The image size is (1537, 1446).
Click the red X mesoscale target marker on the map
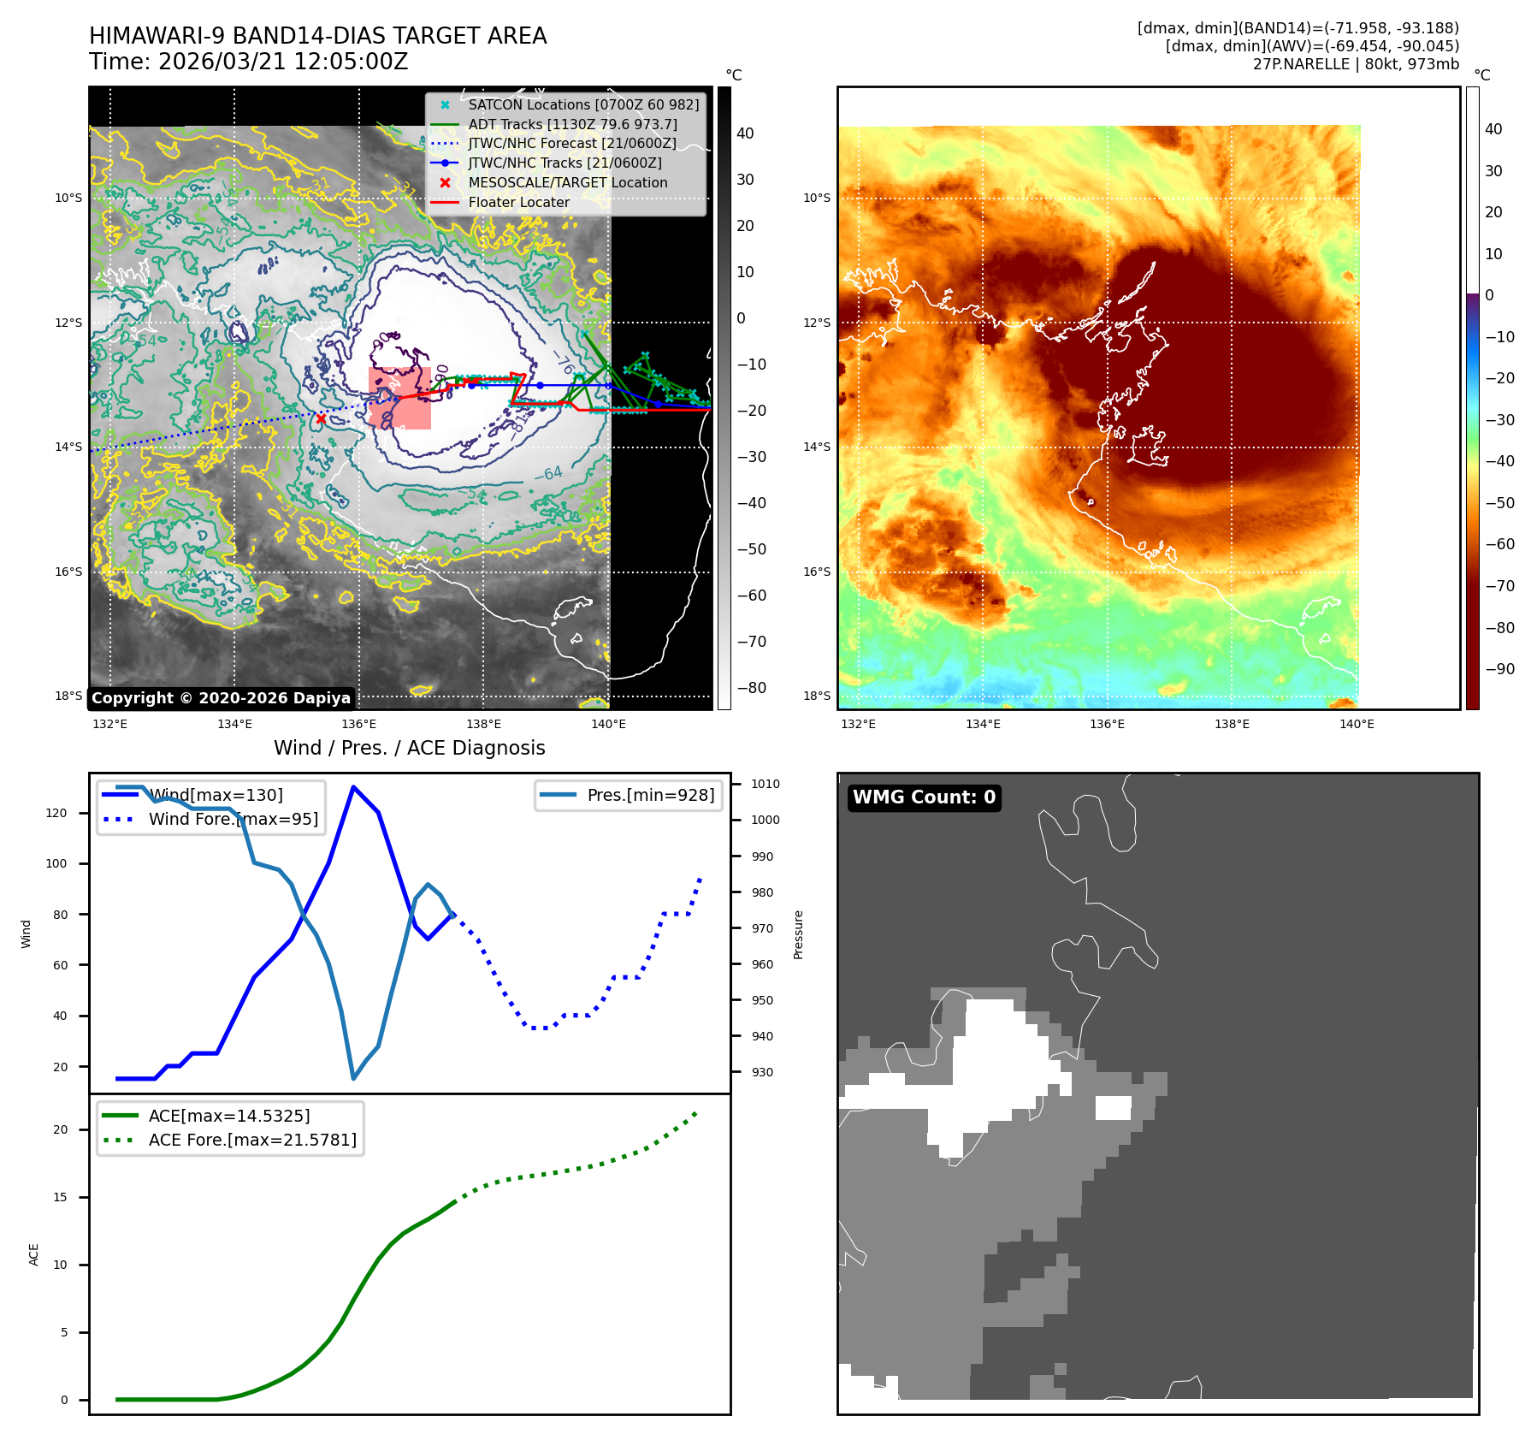click(321, 418)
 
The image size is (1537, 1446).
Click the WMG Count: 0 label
click(924, 797)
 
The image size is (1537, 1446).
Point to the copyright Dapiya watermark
click(221, 698)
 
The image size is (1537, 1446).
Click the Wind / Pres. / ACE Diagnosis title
click(409, 748)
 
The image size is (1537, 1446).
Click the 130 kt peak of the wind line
click(353, 787)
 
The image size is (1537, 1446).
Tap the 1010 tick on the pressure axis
click(765, 784)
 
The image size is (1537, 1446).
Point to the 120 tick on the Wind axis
click(56, 813)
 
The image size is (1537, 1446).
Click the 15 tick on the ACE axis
click(60, 1197)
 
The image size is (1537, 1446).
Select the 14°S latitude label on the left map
click(68, 447)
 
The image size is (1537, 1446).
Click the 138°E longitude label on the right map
click(1232, 724)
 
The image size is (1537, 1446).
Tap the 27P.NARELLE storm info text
click(1356, 64)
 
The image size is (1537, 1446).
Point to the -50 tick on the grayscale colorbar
click(751, 549)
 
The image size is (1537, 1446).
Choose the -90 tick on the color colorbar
click(1499, 669)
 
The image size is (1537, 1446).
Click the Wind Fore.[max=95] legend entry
click(233, 819)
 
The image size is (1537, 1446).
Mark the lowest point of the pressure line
click(353, 1078)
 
